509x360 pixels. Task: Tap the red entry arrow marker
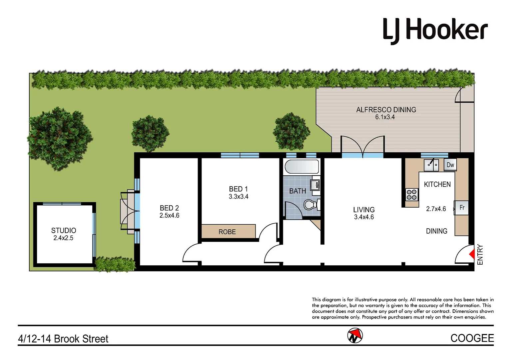[472, 254]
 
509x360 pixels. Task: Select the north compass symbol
[355, 336]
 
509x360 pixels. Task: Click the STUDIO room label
[64, 230]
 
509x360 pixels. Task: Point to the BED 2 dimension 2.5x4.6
[169, 216]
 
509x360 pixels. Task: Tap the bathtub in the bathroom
[302, 167]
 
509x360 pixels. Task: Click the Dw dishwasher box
[450, 165]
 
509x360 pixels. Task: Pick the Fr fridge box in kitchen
[462, 208]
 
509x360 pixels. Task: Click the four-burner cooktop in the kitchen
[412, 194]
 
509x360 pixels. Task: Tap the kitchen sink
[432, 165]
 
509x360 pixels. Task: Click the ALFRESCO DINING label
[386, 110]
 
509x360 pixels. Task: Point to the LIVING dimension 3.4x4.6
[364, 217]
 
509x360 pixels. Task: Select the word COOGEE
[472, 338]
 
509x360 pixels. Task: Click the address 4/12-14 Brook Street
[63, 339]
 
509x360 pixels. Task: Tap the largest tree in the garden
[59, 138]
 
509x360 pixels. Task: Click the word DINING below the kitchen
[436, 231]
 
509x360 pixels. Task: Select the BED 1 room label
[238, 189]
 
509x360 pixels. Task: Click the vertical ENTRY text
[480, 255]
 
